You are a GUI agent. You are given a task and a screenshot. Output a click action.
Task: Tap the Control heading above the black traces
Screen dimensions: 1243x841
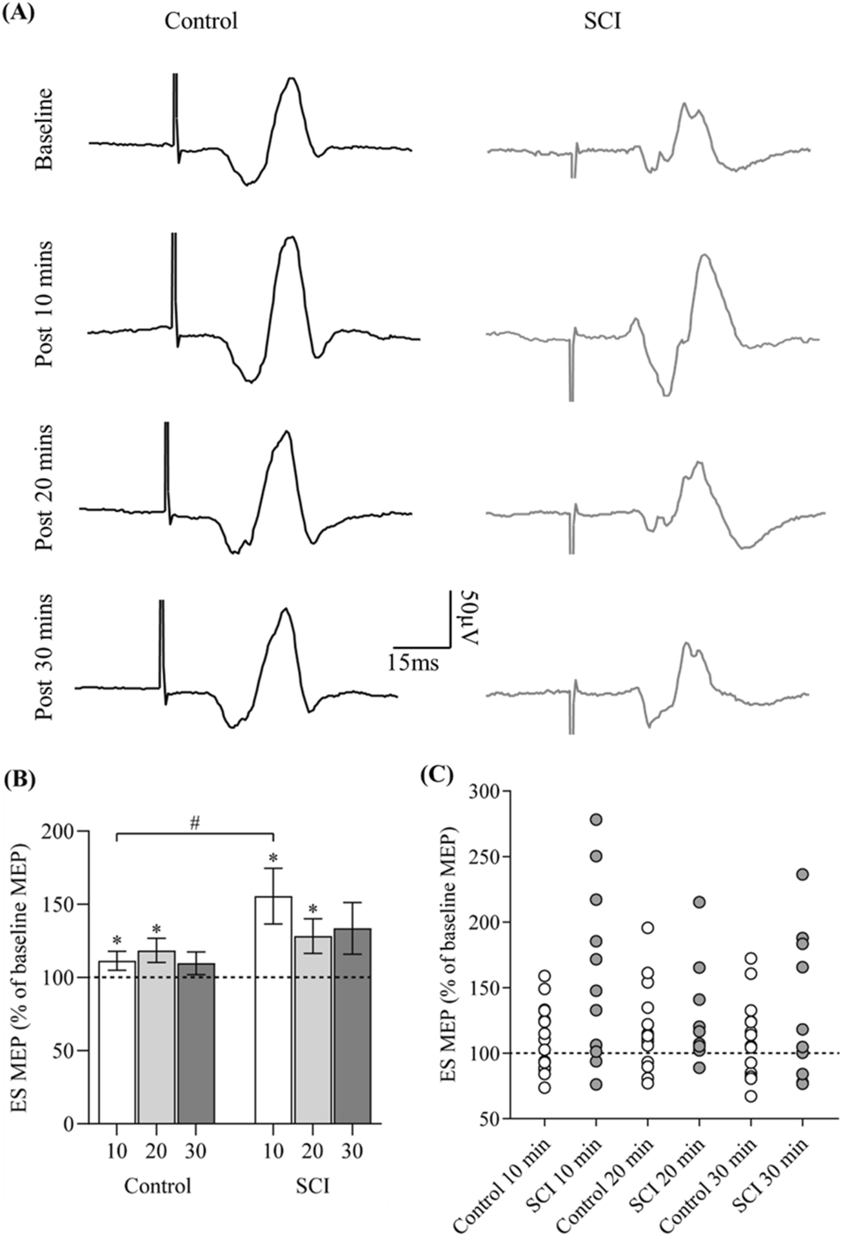point(201,21)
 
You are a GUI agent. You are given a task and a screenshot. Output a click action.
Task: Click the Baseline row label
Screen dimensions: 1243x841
point(45,130)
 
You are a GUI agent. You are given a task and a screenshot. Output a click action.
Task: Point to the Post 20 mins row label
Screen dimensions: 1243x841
point(45,488)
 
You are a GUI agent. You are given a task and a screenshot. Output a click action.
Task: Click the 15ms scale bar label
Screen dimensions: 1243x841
point(413,662)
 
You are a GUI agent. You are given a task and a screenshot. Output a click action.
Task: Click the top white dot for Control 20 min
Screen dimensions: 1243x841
point(648,928)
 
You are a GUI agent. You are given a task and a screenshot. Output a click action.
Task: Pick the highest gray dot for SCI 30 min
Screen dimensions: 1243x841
point(803,875)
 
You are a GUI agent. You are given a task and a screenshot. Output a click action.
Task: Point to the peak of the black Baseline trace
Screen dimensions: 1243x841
point(292,79)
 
